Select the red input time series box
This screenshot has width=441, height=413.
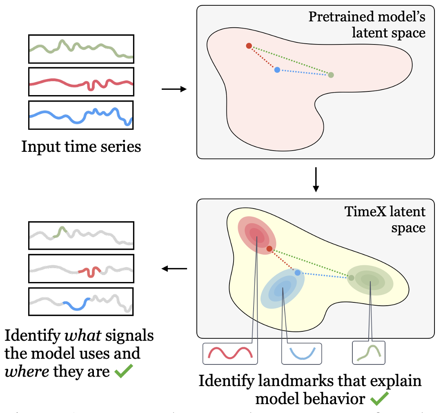tap(81, 82)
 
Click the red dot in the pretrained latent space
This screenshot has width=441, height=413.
tap(249, 46)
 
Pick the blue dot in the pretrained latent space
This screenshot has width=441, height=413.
tap(277, 70)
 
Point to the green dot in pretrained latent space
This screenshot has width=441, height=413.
tap(331, 75)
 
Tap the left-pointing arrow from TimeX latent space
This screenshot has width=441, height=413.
tap(174, 269)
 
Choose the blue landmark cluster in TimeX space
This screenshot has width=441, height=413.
tap(282, 289)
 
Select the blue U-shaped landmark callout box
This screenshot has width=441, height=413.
tap(301, 353)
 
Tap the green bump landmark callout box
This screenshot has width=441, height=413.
tap(369, 353)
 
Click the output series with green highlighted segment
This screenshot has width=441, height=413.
tap(81, 235)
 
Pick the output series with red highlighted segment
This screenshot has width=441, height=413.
tap(81, 269)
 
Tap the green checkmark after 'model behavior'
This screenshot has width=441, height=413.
tap(379, 399)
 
